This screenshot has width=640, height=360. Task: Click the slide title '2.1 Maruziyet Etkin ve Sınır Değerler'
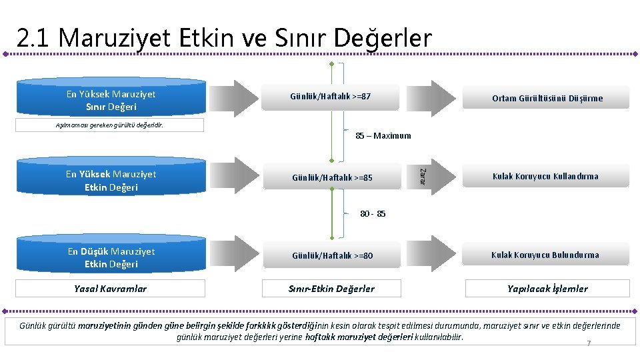click(x=224, y=39)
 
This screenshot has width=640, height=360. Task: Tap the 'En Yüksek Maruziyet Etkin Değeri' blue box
click(x=111, y=180)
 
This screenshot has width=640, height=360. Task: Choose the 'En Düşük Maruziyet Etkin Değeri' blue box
click(x=111, y=257)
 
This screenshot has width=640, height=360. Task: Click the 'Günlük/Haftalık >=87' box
click(x=331, y=97)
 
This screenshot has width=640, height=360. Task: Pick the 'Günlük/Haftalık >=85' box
click(x=333, y=177)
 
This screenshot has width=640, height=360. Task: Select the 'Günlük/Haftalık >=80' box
click(x=333, y=255)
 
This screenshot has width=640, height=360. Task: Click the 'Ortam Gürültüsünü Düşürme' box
click(x=547, y=98)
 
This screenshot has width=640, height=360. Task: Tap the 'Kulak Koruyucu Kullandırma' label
click(x=545, y=177)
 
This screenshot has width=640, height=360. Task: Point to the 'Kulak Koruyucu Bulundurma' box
click(x=545, y=255)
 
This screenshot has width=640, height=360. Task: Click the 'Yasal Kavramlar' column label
click(x=111, y=289)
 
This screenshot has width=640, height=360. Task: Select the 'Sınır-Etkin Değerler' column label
click(x=331, y=289)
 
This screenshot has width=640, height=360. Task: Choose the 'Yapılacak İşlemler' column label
click(x=547, y=289)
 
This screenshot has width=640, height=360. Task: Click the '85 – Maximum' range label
click(x=383, y=136)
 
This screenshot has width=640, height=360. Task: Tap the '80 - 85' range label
click(x=373, y=214)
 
